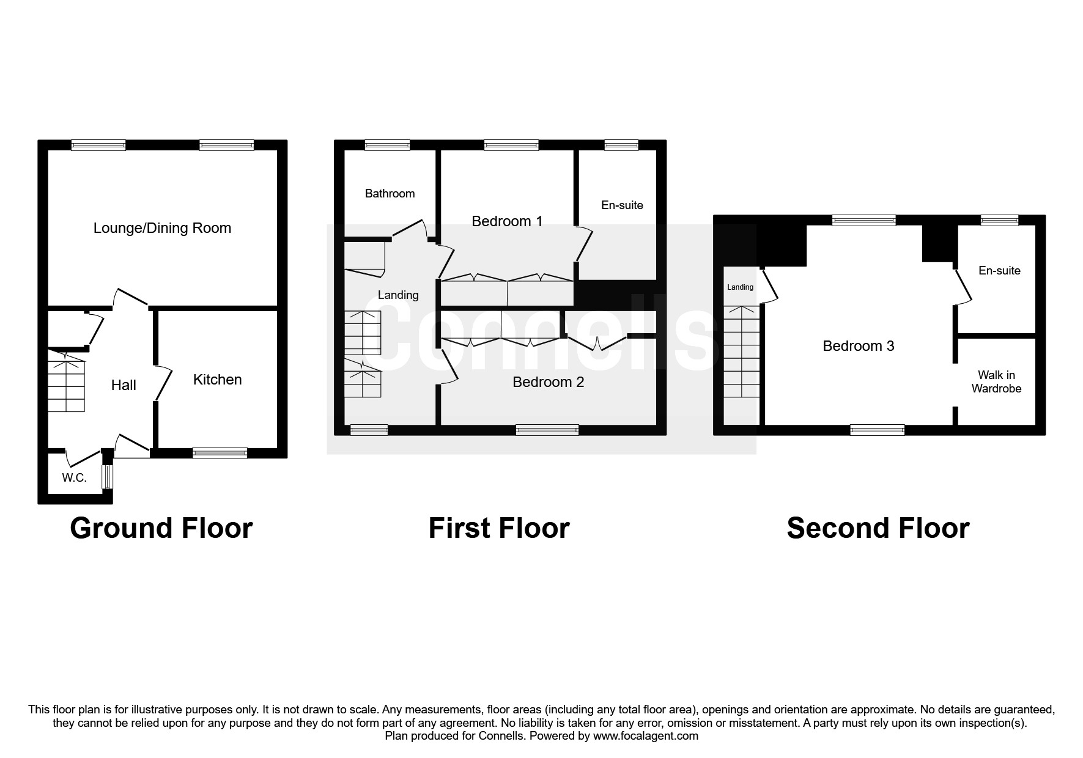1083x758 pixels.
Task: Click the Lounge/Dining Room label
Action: (162, 228)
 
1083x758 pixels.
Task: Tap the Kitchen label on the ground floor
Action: (217, 380)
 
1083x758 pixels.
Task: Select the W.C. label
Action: (74, 478)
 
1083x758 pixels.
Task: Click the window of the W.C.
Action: (108, 477)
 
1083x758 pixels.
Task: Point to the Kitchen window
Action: (220, 453)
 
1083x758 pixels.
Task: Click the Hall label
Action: (124, 385)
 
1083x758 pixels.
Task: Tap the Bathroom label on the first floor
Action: (390, 194)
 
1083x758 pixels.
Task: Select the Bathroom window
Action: (387, 145)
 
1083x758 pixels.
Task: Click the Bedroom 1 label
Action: (507, 221)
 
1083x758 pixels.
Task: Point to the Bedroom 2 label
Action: (548, 382)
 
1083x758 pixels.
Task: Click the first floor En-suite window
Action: (621, 145)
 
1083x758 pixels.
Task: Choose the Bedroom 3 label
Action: (858, 346)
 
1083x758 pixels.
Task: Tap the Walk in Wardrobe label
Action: (996, 381)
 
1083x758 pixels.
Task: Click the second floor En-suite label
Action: (999, 270)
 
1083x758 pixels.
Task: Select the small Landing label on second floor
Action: (740, 287)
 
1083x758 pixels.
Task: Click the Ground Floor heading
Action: (161, 528)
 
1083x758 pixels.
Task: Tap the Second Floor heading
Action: (878, 528)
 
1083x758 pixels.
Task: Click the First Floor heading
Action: (498, 528)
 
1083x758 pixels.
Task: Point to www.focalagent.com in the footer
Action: (646, 736)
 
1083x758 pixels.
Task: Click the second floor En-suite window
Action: (1000, 221)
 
